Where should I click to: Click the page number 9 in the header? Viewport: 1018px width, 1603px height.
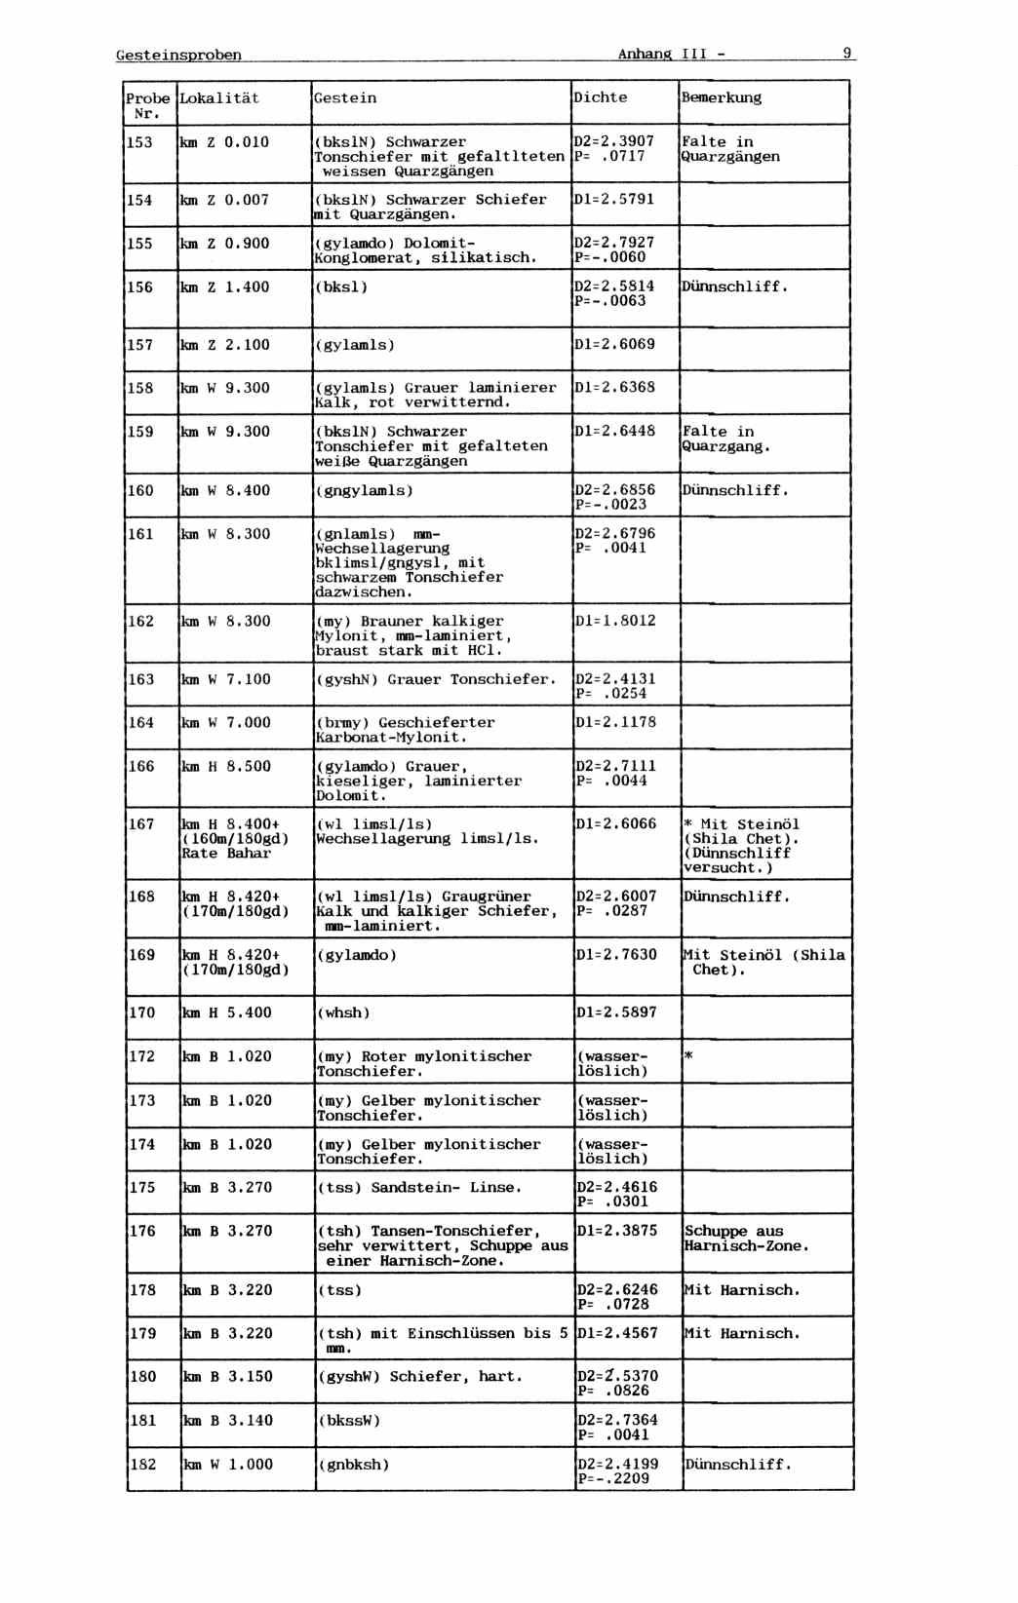tap(846, 53)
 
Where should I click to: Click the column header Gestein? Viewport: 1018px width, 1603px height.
tap(345, 97)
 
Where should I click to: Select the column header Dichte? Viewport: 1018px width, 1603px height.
tap(600, 97)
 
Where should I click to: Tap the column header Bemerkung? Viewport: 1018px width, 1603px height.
tap(721, 97)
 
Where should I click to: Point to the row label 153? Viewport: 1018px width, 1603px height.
tap(139, 142)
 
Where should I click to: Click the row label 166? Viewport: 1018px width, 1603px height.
tap(141, 766)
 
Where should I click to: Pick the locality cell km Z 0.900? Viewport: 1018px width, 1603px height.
tap(224, 244)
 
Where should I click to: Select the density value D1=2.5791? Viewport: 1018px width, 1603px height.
tap(614, 199)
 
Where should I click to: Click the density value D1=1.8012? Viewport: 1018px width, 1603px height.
tap(615, 621)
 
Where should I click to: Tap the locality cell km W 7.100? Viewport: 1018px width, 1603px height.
tap(226, 679)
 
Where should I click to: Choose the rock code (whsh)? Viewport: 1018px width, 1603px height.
tap(343, 1012)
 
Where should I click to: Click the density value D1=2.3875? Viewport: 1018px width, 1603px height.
tap(616, 1231)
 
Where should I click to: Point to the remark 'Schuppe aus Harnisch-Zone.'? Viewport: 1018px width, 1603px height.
tap(746, 1239)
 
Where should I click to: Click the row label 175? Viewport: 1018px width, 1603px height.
tap(142, 1187)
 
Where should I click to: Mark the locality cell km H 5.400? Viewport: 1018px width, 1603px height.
tap(227, 1012)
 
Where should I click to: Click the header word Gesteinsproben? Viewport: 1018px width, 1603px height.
tap(178, 55)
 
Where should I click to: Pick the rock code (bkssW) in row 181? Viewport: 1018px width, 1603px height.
tap(349, 1421)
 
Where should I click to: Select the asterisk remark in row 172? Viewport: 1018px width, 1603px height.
tap(688, 1056)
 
